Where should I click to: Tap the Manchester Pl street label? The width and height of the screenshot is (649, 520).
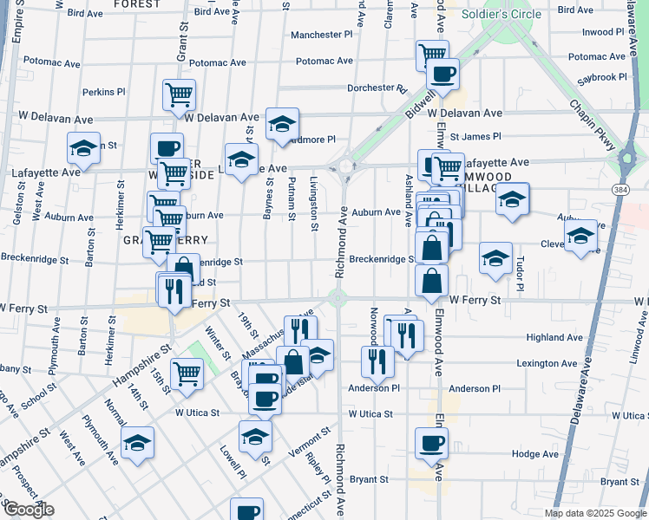pos(322,35)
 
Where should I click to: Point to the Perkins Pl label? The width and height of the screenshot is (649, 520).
pos(104,91)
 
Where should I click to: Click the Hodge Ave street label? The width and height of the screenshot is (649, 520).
pos(535,453)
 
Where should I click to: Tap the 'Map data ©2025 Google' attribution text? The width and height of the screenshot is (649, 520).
pos(594,513)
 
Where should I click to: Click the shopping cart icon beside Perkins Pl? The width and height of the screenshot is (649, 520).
pos(179,94)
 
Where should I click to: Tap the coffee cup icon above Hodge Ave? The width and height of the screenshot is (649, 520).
pos(431,443)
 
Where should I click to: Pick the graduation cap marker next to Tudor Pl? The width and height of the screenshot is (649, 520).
pos(495,257)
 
